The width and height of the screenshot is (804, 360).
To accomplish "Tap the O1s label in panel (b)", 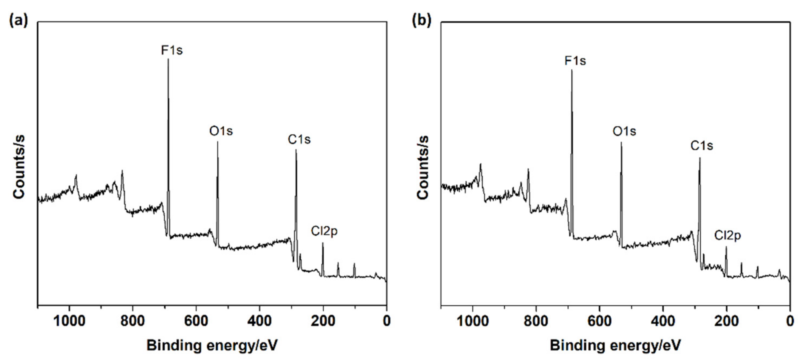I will click(624, 131).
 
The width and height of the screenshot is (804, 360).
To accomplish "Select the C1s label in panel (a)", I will click(299, 140).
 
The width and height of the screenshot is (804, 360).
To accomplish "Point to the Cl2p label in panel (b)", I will click(728, 235).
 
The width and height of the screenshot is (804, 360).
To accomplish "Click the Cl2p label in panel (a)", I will click(324, 231).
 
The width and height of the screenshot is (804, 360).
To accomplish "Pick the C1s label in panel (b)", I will click(701, 146).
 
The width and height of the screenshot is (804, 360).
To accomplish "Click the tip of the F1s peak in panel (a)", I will click(168, 59).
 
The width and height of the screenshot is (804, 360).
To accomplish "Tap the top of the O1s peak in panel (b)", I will click(621, 143).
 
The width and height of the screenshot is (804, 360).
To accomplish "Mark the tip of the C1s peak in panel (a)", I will click(296, 150).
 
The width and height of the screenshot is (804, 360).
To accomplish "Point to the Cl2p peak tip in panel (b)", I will click(726, 247).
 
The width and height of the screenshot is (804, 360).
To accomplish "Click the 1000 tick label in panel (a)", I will click(69, 321).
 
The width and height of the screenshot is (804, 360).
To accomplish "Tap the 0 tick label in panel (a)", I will click(386, 321).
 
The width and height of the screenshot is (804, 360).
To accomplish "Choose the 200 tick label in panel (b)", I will click(726, 321).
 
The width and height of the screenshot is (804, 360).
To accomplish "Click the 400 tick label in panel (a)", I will click(259, 321).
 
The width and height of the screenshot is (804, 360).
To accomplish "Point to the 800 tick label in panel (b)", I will click(536, 321).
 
